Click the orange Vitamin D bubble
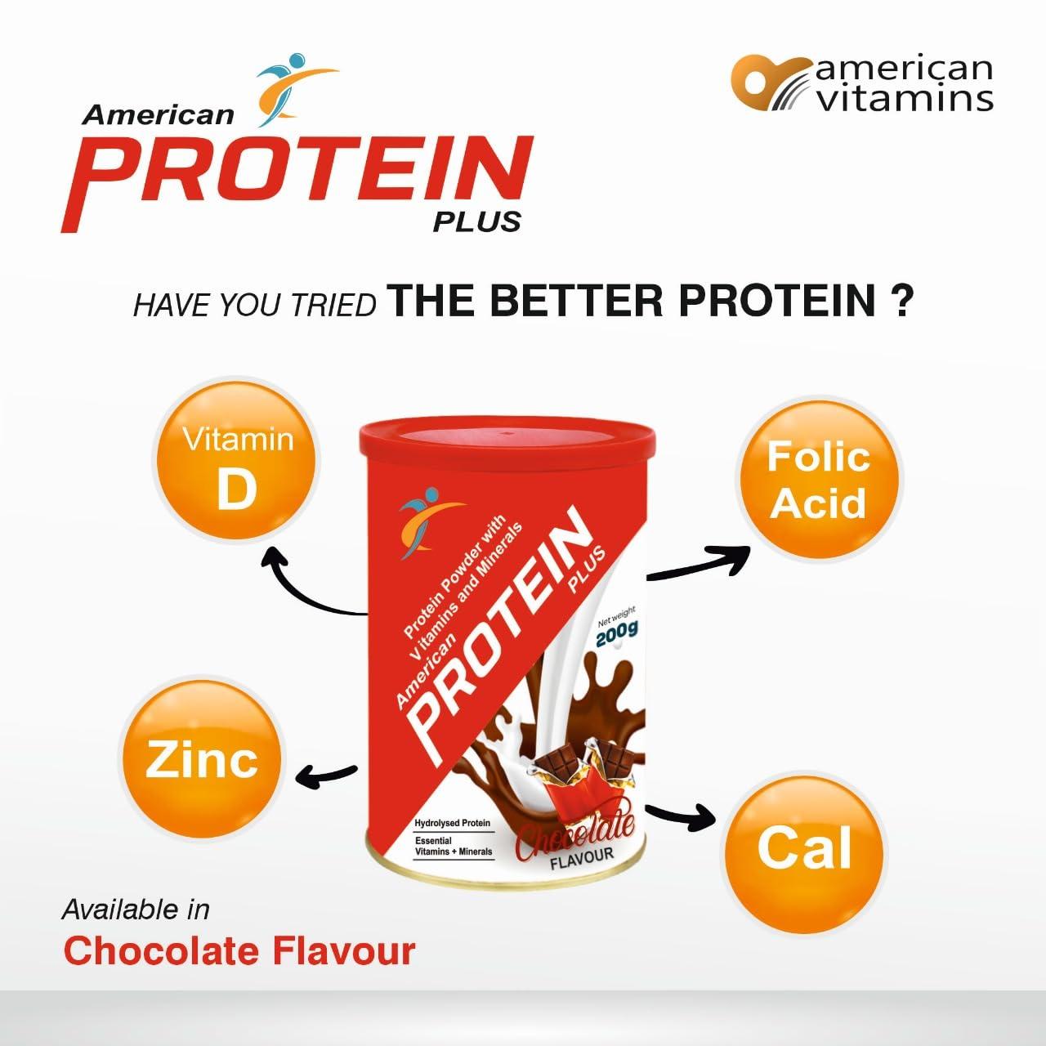(x=238, y=461)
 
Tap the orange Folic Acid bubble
(x=819, y=478)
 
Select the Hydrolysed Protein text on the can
(x=452, y=823)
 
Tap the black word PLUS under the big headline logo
(x=476, y=222)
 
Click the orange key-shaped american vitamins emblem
(x=771, y=83)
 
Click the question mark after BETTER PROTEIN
(x=901, y=301)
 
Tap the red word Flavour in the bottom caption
(x=343, y=951)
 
